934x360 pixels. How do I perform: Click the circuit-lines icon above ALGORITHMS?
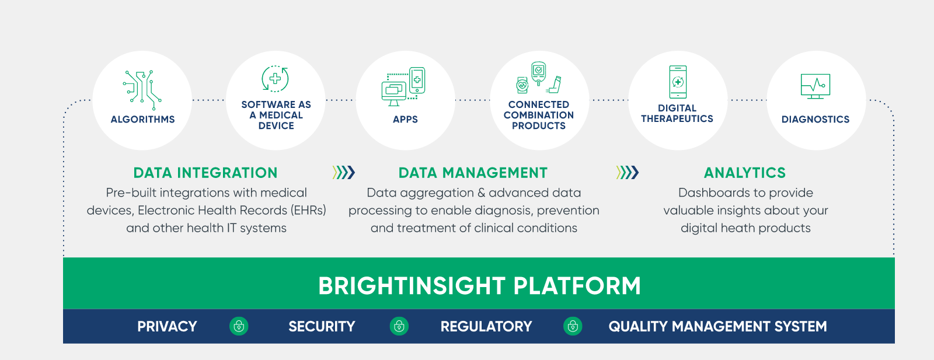click(x=142, y=89)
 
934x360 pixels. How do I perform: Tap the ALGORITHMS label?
click(x=142, y=120)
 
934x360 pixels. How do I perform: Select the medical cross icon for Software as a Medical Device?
click(x=275, y=79)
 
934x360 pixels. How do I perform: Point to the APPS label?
click(x=405, y=120)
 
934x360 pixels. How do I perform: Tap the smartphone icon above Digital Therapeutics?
click(x=678, y=82)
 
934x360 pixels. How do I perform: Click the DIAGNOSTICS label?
click(x=815, y=120)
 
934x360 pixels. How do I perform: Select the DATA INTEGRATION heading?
click(x=205, y=173)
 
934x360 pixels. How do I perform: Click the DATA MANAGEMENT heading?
click(x=473, y=173)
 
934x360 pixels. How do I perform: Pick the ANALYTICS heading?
click(x=745, y=173)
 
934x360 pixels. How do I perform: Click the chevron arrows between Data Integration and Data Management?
click(x=343, y=172)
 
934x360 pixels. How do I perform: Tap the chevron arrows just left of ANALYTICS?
click(x=628, y=172)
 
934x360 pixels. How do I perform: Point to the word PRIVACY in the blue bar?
click(x=167, y=327)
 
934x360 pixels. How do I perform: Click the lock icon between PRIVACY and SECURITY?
click(x=239, y=326)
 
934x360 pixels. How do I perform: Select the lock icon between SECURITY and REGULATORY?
click(x=399, y=326)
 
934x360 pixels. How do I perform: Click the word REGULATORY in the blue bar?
click(x=486, y=327)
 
